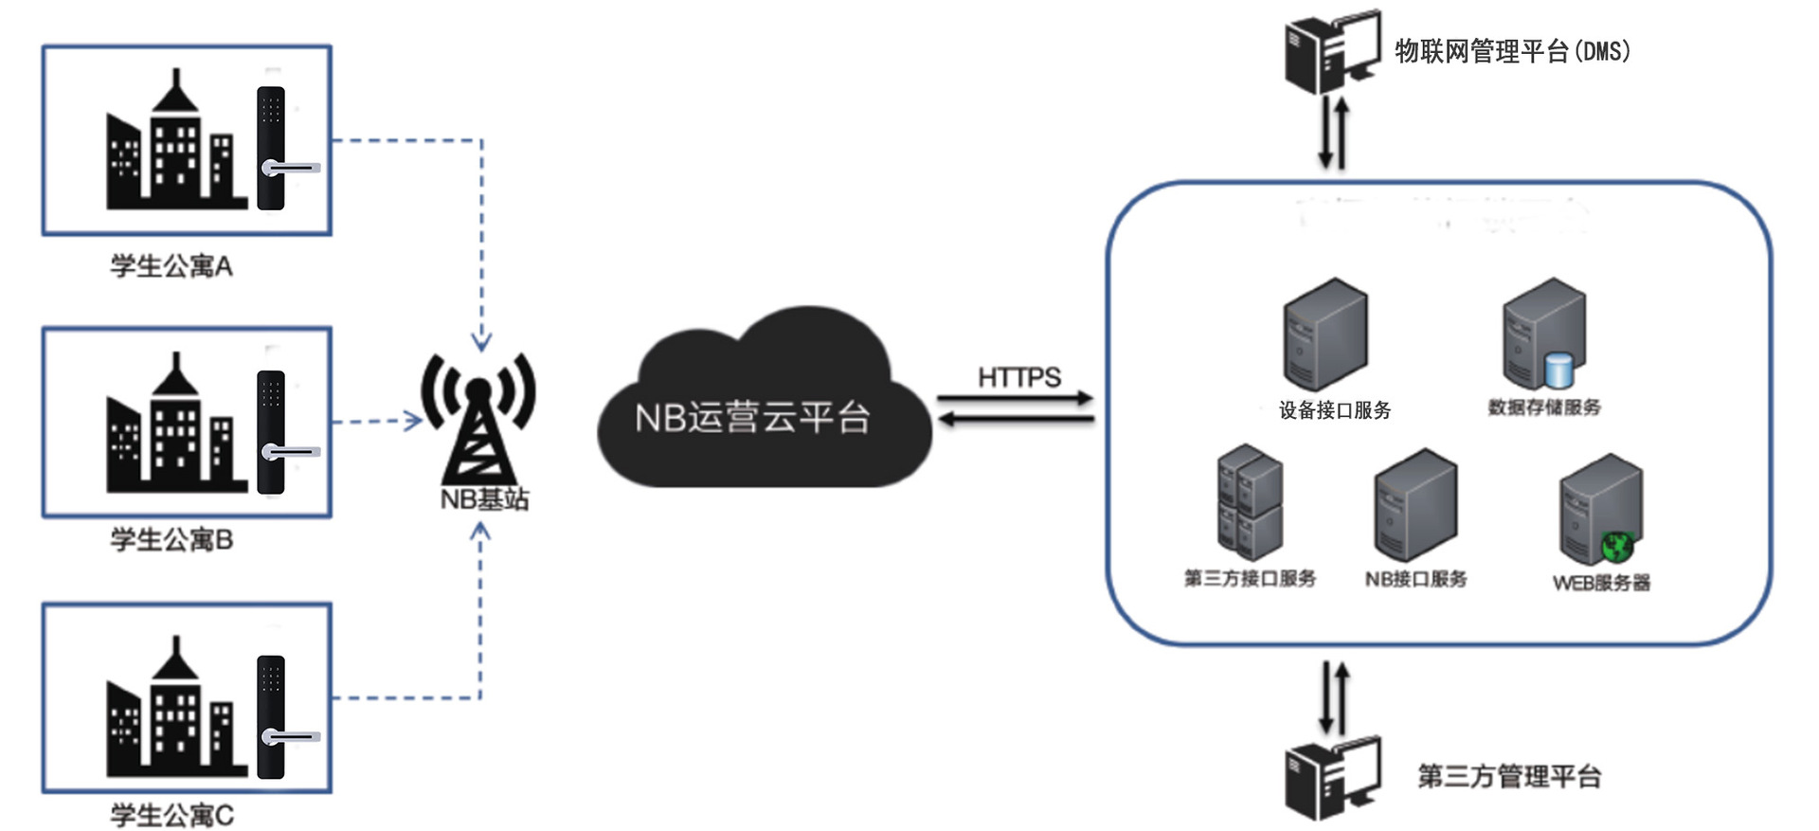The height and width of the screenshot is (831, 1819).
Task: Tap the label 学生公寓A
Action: (x=171, y=266)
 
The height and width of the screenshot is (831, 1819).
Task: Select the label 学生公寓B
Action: (x=171, y=540)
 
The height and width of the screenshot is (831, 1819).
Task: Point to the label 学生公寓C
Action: (x=171, y=815)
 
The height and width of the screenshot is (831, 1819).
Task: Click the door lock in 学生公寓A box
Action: (x=272, y=148)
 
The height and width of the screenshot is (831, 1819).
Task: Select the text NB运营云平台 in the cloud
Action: (x=752, y=417)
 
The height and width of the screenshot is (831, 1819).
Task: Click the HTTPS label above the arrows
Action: (x=1019, y=377)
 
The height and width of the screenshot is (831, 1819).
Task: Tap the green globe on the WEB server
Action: (x=1618, y=547)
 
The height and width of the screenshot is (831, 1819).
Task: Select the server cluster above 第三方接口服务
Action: (x=1250, y=502)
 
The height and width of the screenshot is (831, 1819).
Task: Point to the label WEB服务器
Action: (x=1601, y=583)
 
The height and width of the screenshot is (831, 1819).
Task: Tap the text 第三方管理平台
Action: (x=1509, y=777)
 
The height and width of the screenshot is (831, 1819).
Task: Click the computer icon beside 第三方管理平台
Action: (x=1331, y=777)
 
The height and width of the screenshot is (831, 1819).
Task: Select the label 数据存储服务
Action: (x=1544, y=407)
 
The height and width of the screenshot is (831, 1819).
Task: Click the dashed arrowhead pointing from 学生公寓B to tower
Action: (x=414, y=420)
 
